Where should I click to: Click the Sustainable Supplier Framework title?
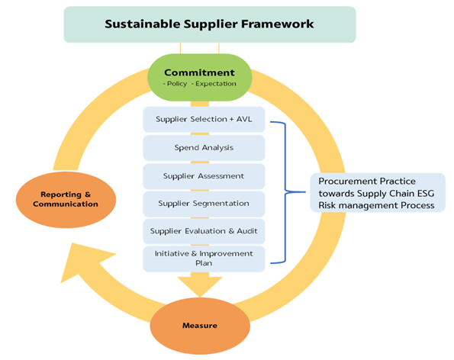pyautogui.click(x=209, y=24)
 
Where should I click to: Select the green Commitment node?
pyautogui.click(x=200, y=77)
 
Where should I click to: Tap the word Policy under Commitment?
pyautogui.click(x=177, y=84)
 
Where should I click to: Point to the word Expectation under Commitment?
pyautogui.click(x=216, y=84)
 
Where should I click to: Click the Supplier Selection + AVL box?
pyautogui.click(x=204, y=120)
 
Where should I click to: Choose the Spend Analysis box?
pyautogui.click(x=204, y=148)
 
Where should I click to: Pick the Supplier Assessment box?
pyautogui.click(x=204, y=176)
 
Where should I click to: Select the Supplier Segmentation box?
pyautogui.click(x=204, y=204)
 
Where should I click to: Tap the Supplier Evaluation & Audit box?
pyautogui.click(x=204, y=231)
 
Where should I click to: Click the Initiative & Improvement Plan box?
pyautogui.click(x=204, y=259)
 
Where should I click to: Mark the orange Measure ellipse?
pyautogui.click(x=200, y=326)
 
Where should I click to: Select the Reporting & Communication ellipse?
pyautogui.click(x=66, y=200)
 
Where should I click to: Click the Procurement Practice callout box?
pyautogui.click(x=378, y=193)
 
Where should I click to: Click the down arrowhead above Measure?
pyautogui.click(x=200, y=287)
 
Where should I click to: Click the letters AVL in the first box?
pyautogui.click(x=244, y=119)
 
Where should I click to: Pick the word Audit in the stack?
pyautogui.click(x=247, y=231)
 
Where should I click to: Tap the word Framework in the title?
pyautogui.click(x=278, y=24)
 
